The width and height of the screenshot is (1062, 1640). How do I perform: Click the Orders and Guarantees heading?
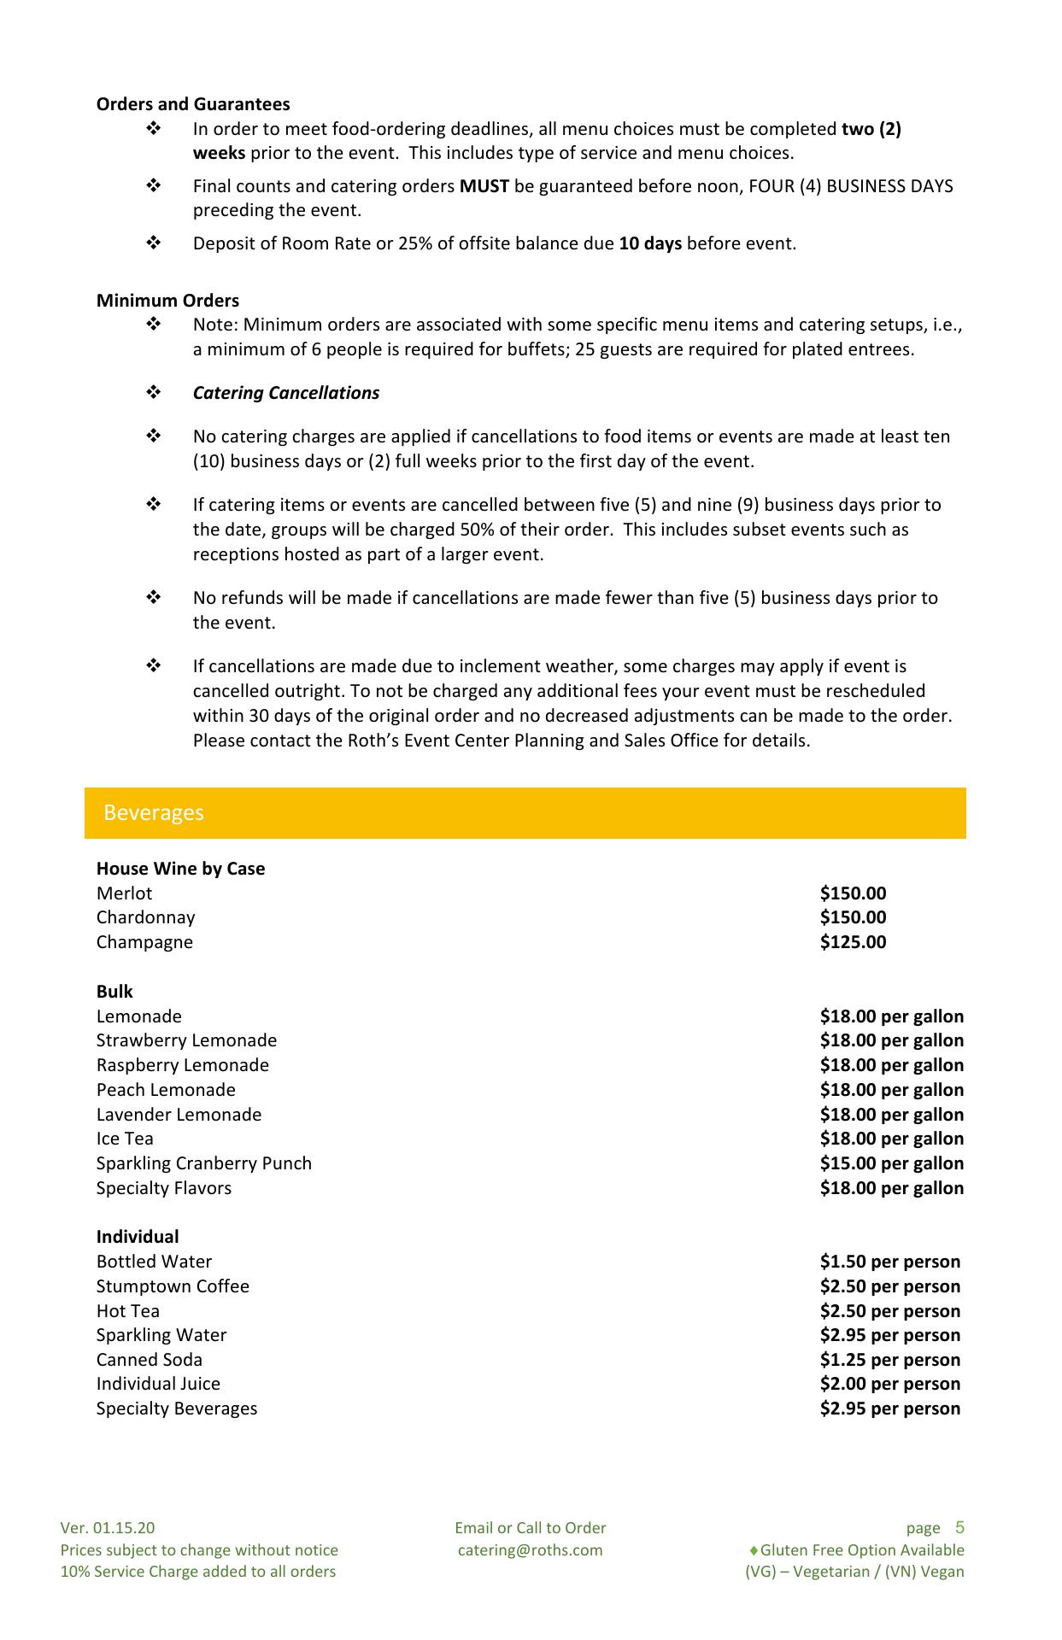coord(193,104)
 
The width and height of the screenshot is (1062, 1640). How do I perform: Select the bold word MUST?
coord(484,186)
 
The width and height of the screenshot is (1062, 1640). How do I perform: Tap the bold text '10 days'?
coord(650,243)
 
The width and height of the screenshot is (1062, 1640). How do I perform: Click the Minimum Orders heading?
coord(167,301)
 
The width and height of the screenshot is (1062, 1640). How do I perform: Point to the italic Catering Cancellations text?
coord(286,393)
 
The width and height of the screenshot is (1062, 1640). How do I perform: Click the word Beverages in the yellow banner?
coord(154,812)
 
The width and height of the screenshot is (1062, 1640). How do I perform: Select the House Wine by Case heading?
coord(180,869)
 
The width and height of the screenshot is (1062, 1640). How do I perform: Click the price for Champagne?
coord(853,942)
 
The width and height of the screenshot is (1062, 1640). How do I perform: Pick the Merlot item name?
coord(124,893)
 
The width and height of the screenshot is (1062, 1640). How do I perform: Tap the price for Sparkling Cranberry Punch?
coord(891,1163)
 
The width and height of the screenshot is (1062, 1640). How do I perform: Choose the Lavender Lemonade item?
coord(179,1115)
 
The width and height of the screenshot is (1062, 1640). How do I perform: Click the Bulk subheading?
coord(114,992)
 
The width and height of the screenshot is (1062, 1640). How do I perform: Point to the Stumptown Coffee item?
coord(173,1286)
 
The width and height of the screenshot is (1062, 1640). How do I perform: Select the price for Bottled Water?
coord(889,1262)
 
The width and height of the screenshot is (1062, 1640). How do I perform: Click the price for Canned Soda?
coord(889,1360)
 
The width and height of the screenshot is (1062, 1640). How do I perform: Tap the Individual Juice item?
coord(158,1384)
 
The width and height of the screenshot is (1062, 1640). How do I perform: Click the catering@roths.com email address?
coord(530,1550)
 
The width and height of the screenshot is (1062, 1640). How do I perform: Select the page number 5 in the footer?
coord(959,1527)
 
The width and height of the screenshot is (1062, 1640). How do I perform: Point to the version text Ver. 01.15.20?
coord(108,1528)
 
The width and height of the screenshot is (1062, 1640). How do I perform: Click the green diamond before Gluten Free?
coord(754,1550)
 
